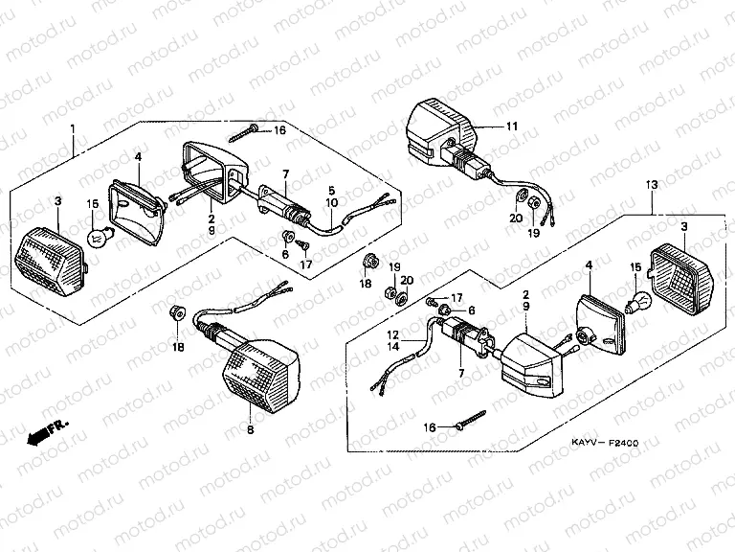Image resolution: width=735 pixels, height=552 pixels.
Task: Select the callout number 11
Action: click(x=511, y=126)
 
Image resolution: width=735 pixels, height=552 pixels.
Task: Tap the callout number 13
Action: click(x=652, y=183)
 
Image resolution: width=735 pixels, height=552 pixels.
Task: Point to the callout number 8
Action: click(x=251, y=431)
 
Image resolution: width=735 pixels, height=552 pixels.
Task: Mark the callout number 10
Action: click(x=331, y=203)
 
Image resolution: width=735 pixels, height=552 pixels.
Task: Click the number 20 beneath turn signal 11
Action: click(x=516, y=218)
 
